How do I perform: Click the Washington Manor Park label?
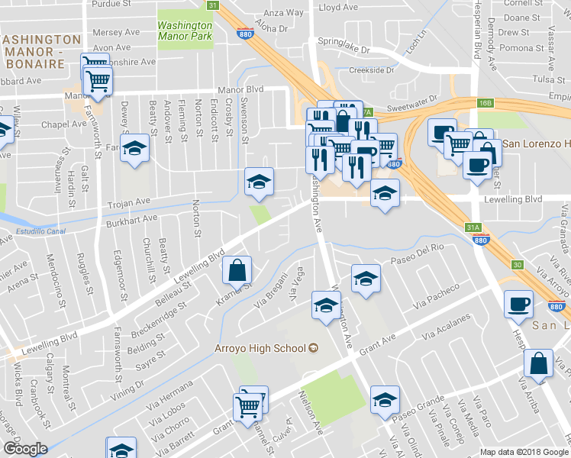click(184, 29)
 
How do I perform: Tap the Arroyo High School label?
click(258, 348)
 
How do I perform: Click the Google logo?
click(25, 449)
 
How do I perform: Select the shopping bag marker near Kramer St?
click(237, 270)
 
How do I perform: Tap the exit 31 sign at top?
click(214, 5)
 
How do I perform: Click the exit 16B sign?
click(486, 102)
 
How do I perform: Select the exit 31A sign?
click(473, 227)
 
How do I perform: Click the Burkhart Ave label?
click(131, 218)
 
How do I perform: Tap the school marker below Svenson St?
click(259, 182)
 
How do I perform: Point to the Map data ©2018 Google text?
click(524, 451)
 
